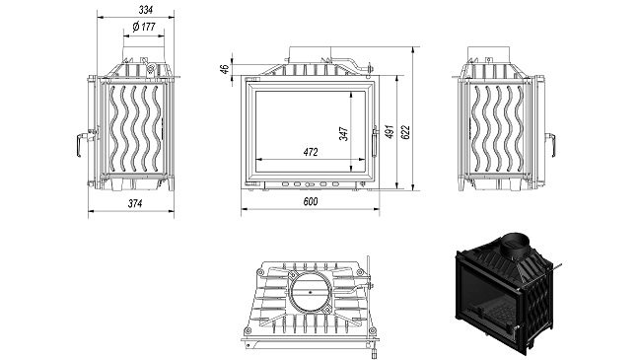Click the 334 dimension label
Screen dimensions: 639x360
tap(146, 10)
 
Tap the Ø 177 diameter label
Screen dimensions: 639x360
tap(144, 27)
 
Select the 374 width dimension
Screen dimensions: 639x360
tap(135, 203)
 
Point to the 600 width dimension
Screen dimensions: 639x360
tap(310, 201)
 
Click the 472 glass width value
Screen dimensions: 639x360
tap(310, 152)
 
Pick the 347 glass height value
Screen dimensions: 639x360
tap(344, 134)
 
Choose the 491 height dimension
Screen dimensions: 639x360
tap(390, 132)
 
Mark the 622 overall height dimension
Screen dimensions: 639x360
tap(405, 132)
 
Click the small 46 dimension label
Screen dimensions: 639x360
tap(224, 69)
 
